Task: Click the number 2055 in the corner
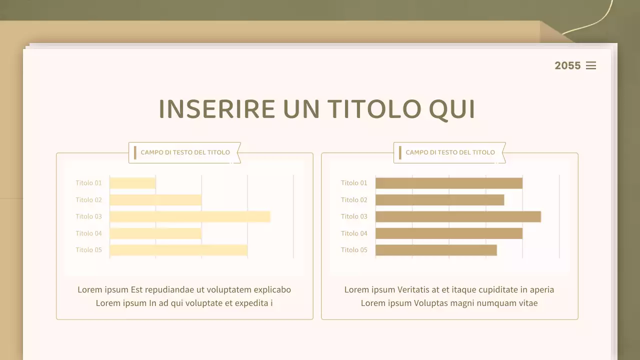click(x=567, y=65)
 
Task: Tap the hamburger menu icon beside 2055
click(x=591, y=65)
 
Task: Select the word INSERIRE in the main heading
click(x=216, y=109)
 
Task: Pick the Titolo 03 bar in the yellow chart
click(x=190, y=216)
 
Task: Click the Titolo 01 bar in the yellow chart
click(x=132, y=183)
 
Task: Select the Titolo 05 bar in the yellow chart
click(x=178, y=250)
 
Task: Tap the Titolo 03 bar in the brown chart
click(x=458, y=216)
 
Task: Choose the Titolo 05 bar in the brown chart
click(x=436, y=250)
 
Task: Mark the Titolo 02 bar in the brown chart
click(x=439, y=200)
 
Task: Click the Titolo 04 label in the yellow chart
click(x=88, y=233)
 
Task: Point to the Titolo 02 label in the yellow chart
click(x=88, y=200)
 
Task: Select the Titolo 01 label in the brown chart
click(x=354, y=183)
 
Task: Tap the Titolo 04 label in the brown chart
click(x=354, y=233)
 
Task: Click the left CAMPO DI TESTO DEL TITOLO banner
click(x=185, y=152)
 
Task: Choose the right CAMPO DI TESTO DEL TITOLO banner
click(x=450, y=152)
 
